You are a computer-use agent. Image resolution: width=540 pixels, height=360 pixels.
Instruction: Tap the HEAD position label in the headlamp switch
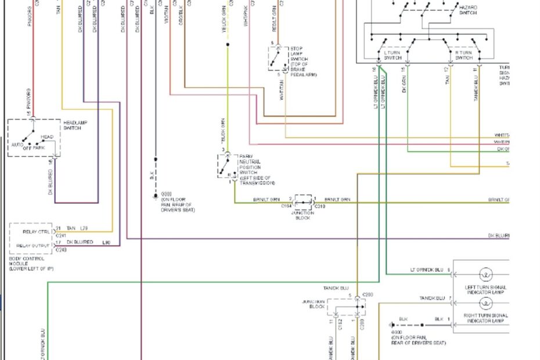click(47, 137)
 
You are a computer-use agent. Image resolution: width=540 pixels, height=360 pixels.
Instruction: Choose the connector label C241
click(61, 235)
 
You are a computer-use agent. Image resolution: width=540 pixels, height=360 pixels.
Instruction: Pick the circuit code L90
click(106, 242)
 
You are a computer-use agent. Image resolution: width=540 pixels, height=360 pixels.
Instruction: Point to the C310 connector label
click(320, 206)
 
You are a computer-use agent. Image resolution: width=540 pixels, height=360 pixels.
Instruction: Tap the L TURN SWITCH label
click(393, 55)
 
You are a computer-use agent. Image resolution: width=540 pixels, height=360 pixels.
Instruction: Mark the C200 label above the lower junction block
click(367, 295)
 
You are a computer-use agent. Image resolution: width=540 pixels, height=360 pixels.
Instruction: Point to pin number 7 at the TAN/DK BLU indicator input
click(449, 298)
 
